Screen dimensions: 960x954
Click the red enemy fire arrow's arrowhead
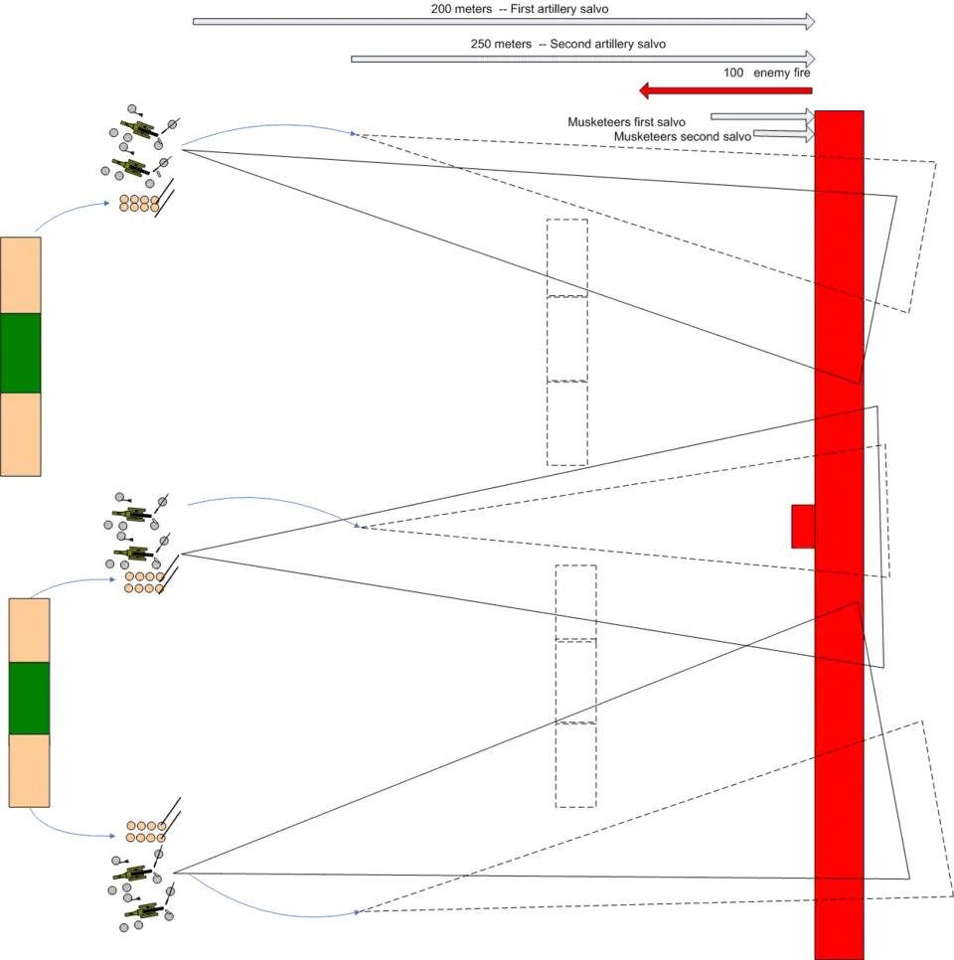coord(645,91)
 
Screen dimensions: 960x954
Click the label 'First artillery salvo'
coord(559,9)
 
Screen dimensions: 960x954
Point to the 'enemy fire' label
coord(780,74)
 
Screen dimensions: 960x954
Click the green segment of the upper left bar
coord(21,354)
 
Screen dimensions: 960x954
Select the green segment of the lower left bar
coord(29,697)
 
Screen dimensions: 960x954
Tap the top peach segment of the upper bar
coord(21,274)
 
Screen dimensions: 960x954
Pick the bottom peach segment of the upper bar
coord(21,435)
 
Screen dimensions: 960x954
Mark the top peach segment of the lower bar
coord(29,628)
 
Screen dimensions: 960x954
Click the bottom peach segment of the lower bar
coord(29,770)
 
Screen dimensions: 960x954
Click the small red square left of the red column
coord(802,526)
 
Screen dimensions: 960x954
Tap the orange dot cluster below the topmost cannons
coord(139,204)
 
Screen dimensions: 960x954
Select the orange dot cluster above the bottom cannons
coord(144,831)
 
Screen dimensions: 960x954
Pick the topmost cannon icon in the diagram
coord(139,126)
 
